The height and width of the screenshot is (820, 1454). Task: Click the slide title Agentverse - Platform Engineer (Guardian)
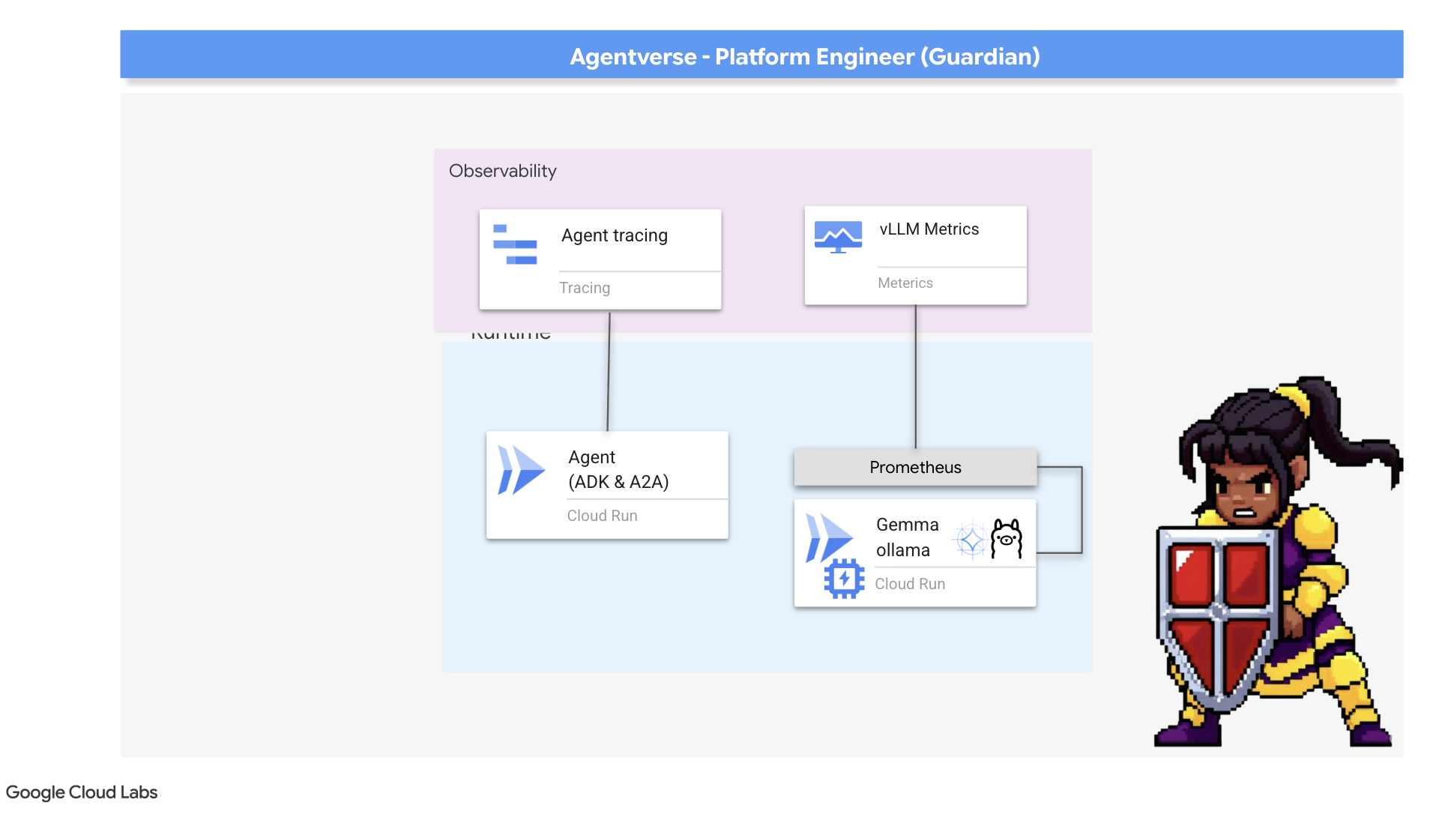tap(804, 57)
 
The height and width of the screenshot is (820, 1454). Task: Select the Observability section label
tap(502, 171)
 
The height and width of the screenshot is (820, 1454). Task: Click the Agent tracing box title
tap(614, 235)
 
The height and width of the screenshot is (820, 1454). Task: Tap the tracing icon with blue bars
tap(515, 244)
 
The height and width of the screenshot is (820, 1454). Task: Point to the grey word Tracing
tap(584, 288)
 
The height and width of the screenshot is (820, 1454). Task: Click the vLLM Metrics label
tap(929, 229)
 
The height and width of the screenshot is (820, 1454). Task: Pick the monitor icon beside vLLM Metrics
tap(837, 237)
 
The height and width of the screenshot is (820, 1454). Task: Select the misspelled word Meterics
tap(905, 283)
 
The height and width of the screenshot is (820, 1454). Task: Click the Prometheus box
tap(914, 468)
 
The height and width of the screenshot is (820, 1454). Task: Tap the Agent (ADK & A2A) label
tap(618, 469)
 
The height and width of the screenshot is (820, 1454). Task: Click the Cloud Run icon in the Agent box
tap(520, 471)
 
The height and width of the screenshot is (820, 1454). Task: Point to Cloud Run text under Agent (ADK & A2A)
tap(602, 516)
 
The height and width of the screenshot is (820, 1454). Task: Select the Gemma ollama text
tap(907, 537)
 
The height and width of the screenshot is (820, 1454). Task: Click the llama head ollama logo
tap(1006, 538)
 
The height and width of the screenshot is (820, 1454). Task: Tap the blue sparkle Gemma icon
tap(971, 540)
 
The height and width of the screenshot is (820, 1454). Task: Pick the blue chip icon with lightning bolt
tap(844, 579)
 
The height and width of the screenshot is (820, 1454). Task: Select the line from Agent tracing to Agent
tap(609, 370)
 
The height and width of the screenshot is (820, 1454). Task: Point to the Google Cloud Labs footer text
tap(82, 792)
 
